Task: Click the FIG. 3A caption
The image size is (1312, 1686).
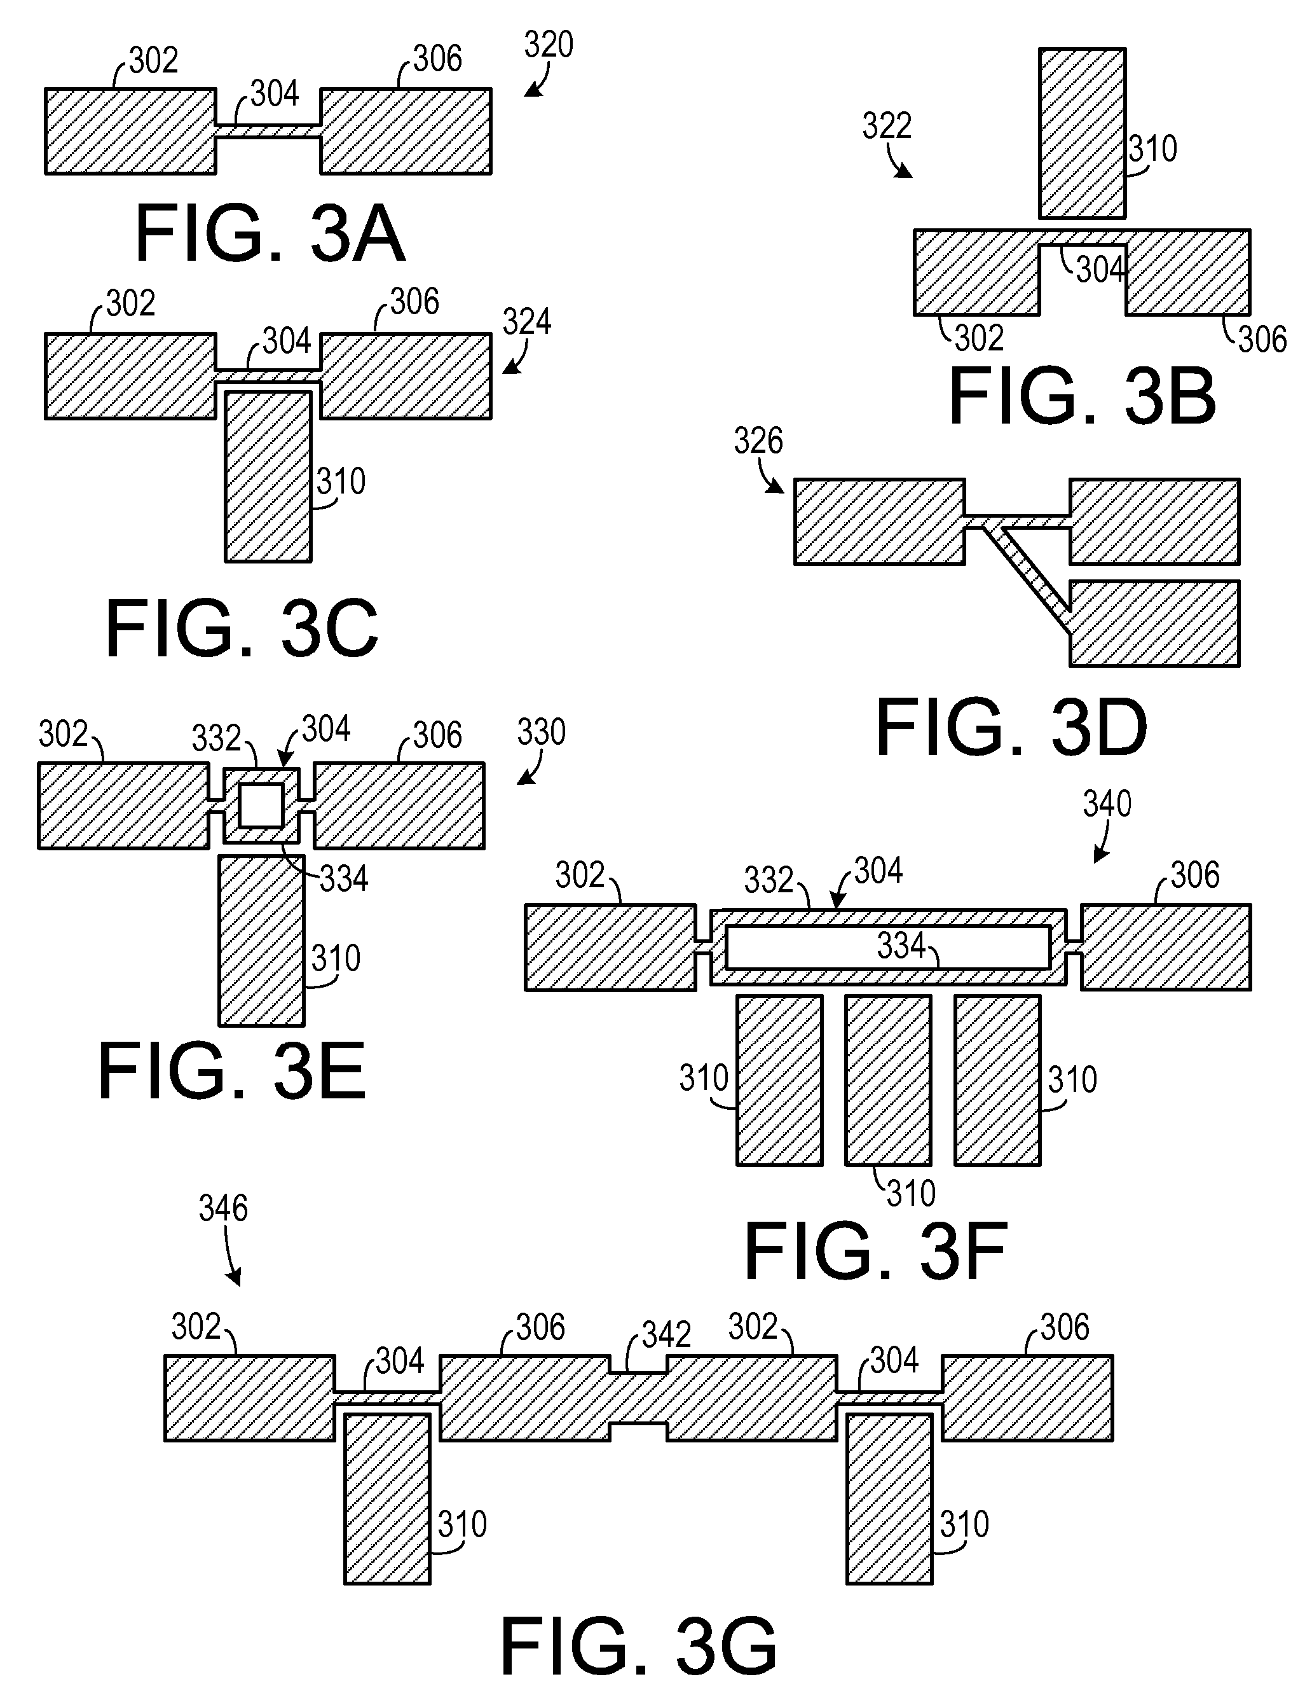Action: (x=270, y=233)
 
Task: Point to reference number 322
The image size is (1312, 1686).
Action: (x=887, y=126)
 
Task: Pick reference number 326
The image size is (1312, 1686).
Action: (x=758, y=441)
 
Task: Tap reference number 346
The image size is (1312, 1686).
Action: (x=223, y=1208)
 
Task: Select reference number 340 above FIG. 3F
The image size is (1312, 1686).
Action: (x=1107, y=804)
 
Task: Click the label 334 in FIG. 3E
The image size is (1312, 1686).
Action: (x=343, y=878)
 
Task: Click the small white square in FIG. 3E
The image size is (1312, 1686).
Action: (x=261, y=806)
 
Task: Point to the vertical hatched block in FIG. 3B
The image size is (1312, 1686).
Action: (x=1082, y=134)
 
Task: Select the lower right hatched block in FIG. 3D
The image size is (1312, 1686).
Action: (x=1154, y=624)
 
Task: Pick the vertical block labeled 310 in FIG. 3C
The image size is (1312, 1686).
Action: (x=268, y=476)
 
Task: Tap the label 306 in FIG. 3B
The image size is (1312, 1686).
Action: (x=1262, y=340)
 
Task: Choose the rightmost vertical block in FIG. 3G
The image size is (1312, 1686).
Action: (x=889, y=1498)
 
